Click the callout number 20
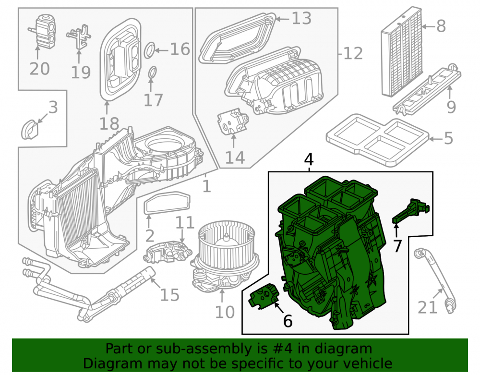tap(39, 69)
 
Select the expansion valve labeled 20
tap(43, 30)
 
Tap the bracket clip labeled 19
tap(79, 37)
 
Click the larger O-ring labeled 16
tap(149, 50)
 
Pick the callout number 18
tap(109, 124)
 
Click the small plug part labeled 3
tap(30, 130)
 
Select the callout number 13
tap(301, 18)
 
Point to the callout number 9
tap(451, 107)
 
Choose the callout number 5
tap(448, 138)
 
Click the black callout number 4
tap(309, 159)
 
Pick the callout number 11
tap(185, 222)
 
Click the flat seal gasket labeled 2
tap(167, 203)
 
